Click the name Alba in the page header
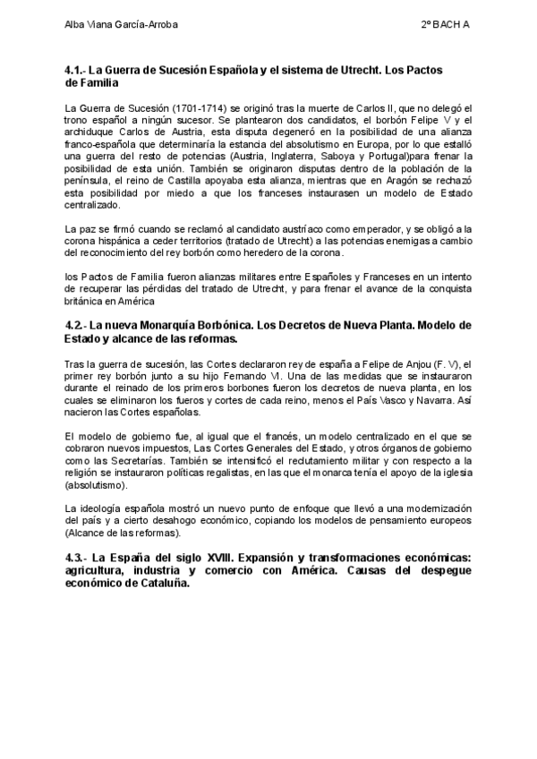click(76, 25)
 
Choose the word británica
click(86, 302)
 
